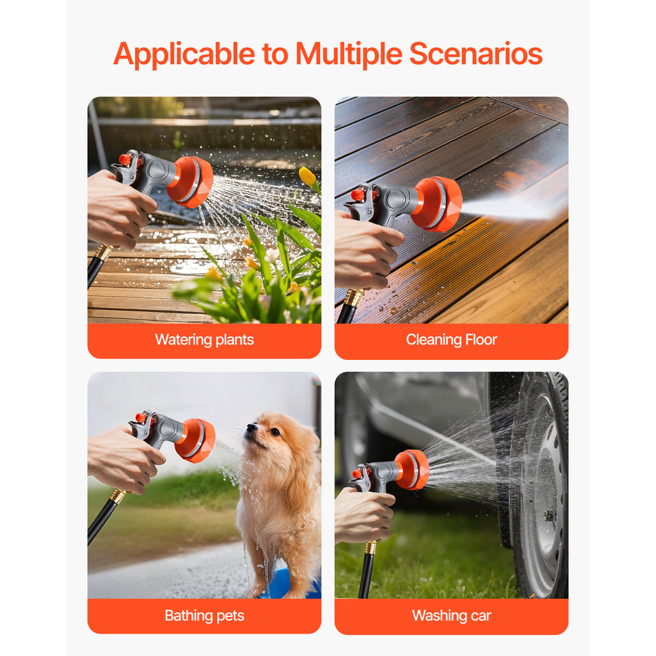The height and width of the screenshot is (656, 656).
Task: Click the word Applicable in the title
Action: coord(184,54)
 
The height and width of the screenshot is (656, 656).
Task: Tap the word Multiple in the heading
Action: coord(349,54)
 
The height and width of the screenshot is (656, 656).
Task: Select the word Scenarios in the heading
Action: coord(476,54)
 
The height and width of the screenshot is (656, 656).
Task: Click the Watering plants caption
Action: coord(204,340)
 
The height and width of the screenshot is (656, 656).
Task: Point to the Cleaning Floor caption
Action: coord(452,340)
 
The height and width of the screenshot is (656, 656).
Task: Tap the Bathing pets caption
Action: coord(204,616)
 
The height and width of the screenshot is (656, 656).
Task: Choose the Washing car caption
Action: coord(452,616)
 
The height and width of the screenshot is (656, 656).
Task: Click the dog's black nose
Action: coord(251,427)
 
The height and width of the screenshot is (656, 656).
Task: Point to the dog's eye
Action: coord(275,432)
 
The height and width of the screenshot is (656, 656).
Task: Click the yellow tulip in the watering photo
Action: coord(307,177)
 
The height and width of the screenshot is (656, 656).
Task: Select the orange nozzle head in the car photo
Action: coord(412,470)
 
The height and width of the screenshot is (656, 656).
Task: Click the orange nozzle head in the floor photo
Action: coord(437,204)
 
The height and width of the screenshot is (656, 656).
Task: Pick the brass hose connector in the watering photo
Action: coord(103,252)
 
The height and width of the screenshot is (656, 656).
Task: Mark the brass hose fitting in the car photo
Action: coord(370,547)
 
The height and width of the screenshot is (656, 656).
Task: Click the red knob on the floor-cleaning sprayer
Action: coord(358,195)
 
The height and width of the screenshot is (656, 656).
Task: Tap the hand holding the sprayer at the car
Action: coord(363,514)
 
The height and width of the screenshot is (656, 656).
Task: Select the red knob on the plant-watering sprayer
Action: coord(125,160)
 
